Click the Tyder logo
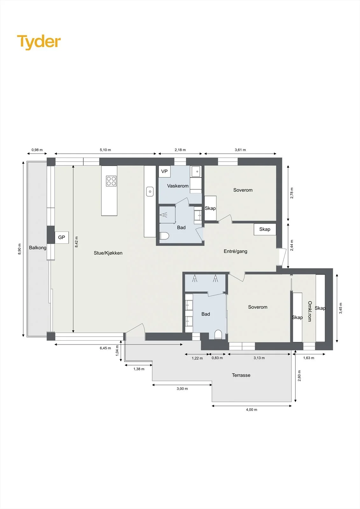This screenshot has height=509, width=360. [39, 42]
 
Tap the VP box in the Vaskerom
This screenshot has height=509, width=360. [165, 171]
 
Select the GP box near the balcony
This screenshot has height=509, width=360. [62, 237]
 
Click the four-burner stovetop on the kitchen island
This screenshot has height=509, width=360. [111, 181]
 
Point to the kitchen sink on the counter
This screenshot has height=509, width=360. [150, 192]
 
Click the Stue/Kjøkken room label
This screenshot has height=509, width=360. [108, 253]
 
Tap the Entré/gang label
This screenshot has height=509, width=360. [235, 251]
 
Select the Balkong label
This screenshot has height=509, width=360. [38, 248]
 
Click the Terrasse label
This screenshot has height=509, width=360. [241, 375]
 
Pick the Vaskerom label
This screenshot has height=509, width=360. [178, 186]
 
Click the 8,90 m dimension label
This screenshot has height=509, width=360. [19, 249]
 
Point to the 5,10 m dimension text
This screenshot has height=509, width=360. [105, 150]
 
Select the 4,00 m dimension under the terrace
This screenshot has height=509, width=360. [251, 410]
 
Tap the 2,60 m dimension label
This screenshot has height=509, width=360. [299, 376]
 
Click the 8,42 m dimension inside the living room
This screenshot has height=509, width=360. [76, 242]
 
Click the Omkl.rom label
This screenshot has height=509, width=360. [309, 311]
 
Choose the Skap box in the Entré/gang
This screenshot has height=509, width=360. [265, 229]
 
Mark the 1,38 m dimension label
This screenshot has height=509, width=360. [139, 369]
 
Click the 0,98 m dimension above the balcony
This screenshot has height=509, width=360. [37, 150]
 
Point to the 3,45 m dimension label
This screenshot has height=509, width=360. [341, 308]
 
